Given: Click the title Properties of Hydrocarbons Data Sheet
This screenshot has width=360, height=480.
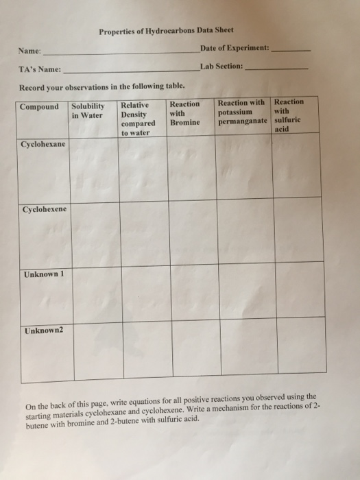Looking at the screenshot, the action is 166,30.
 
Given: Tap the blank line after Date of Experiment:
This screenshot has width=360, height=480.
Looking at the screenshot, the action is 291,50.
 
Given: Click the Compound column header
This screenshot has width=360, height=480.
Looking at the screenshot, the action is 40,107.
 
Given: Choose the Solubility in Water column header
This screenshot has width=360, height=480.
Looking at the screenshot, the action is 88,110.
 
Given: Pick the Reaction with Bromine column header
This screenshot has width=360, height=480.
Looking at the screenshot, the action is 185,112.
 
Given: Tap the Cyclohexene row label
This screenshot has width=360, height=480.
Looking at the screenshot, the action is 45,208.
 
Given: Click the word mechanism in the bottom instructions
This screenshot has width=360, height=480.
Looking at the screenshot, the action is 228,405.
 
